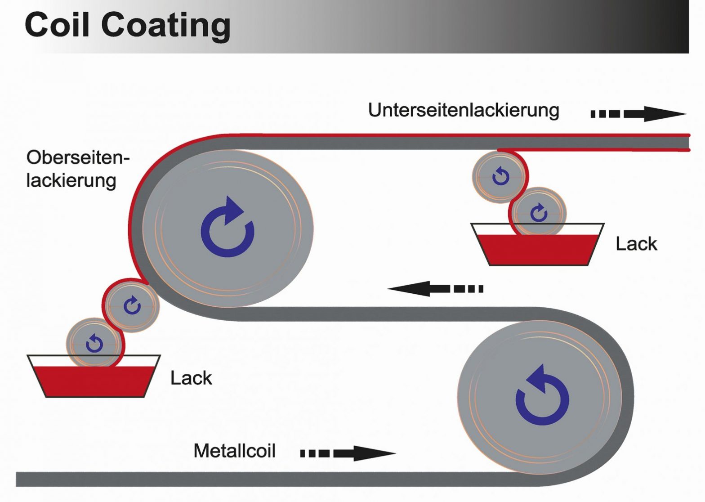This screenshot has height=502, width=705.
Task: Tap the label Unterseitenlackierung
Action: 464,110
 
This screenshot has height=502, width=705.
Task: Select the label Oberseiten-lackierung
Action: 77,169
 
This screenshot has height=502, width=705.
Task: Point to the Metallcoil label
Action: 234,451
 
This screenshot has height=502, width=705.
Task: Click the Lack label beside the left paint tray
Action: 191,378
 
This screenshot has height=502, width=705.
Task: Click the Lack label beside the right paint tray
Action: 636,244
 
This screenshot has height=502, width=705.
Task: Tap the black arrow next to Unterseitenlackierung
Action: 638,114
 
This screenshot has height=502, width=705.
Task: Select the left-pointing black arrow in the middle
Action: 435,288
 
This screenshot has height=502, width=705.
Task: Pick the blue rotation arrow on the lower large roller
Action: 542,395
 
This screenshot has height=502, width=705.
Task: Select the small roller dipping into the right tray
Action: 539,211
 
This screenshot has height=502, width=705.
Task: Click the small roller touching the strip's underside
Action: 499,177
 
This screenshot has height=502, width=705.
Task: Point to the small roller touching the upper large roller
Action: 132,305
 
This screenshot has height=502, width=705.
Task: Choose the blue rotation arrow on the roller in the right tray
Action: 539,212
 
